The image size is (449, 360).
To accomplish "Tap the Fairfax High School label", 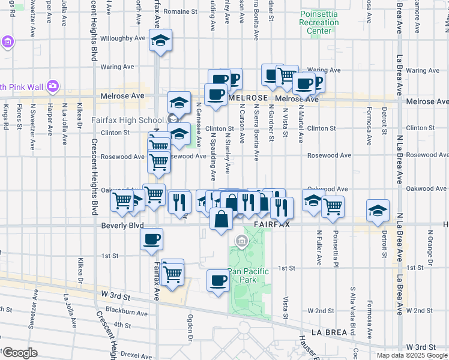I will tap(127, 120).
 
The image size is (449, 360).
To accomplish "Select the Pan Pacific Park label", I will tap(248, 275).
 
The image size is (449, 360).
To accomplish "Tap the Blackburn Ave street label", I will tap(126, 313).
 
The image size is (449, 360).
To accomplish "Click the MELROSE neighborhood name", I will tap(247, 97).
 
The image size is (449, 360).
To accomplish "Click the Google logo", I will tap(20, 353).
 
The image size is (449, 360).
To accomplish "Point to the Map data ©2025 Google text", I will tap(412, 355).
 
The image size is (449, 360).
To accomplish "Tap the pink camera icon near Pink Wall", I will tap(53, 86).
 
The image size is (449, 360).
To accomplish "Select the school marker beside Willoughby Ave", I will tap(160, 40).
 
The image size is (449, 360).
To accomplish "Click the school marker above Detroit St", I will tap(377, 211).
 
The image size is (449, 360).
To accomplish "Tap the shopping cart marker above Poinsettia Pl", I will tap(333, 206).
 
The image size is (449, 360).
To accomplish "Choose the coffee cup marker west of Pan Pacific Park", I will tap(218, 280).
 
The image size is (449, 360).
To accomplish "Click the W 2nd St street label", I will tap(320, 311).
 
